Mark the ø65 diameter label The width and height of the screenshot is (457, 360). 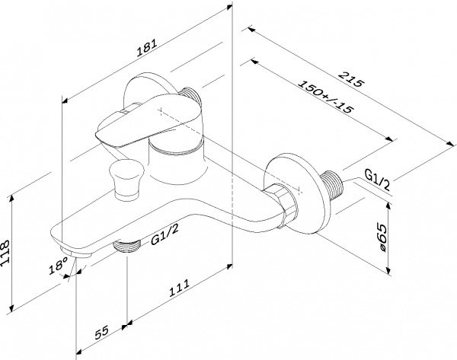pyautogui.click(x=385, y=234)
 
